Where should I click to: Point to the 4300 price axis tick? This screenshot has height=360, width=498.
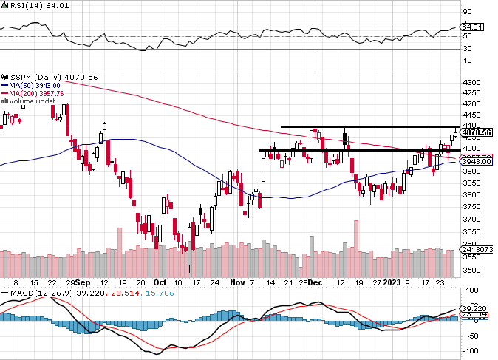(x=471, y=83)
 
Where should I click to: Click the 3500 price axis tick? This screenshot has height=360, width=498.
(x=471, y=270)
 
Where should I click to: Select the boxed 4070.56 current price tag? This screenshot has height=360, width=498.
(x=472, y=133)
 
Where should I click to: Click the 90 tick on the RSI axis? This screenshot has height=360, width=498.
(x=468, y=12)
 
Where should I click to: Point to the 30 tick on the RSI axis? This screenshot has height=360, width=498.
(x=468, y=49)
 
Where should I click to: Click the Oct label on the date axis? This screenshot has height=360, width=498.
(x=160, y=282)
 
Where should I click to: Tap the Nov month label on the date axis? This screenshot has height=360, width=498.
(x=237, y=282)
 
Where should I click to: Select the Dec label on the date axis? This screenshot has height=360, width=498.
(x=315, y=282)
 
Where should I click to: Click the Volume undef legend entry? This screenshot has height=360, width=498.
(x=33, y=101)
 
